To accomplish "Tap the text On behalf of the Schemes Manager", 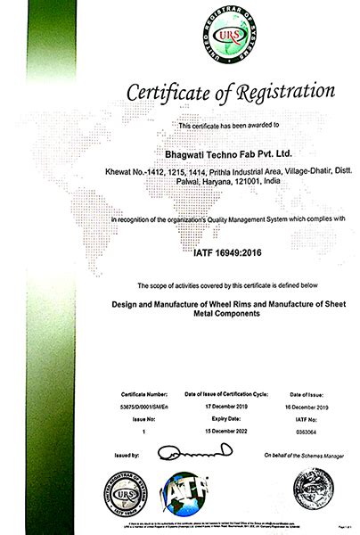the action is [303, 456].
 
